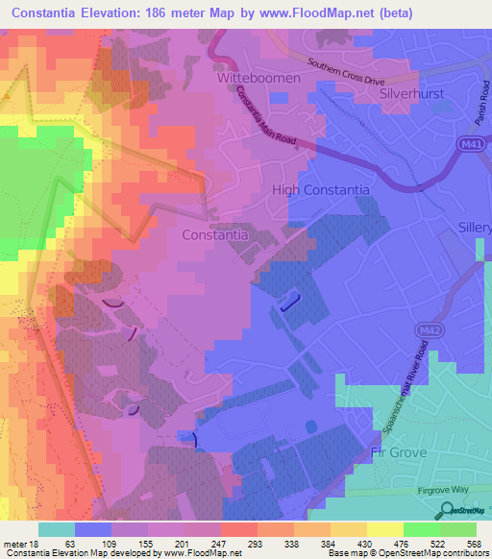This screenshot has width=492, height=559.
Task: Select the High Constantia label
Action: [321, 190]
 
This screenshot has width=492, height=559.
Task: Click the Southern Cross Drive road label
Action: [345, 72]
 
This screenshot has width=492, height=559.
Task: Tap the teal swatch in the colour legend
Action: [57, 529]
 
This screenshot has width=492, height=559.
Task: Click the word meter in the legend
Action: [16, 544]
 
